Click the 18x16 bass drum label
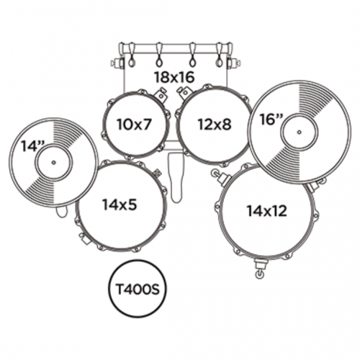click(x=174, y=77)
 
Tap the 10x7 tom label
click(x=135, y=125)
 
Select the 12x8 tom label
click(x=215, y=125)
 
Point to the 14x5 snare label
click(x=120, y=204)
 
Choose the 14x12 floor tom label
click(x=267, y=211)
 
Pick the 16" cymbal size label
click(x=271, y=120)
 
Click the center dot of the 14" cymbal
click(x=53, y=163)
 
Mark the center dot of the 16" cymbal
click(x=299, y=132)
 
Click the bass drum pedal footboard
click(x=176, y=177)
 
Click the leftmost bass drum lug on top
click(x=132, y=55)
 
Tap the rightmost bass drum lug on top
click(x=220, y=55)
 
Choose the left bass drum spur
click(x=118, y=63)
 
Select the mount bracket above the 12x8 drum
click(x=184, y=92)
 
